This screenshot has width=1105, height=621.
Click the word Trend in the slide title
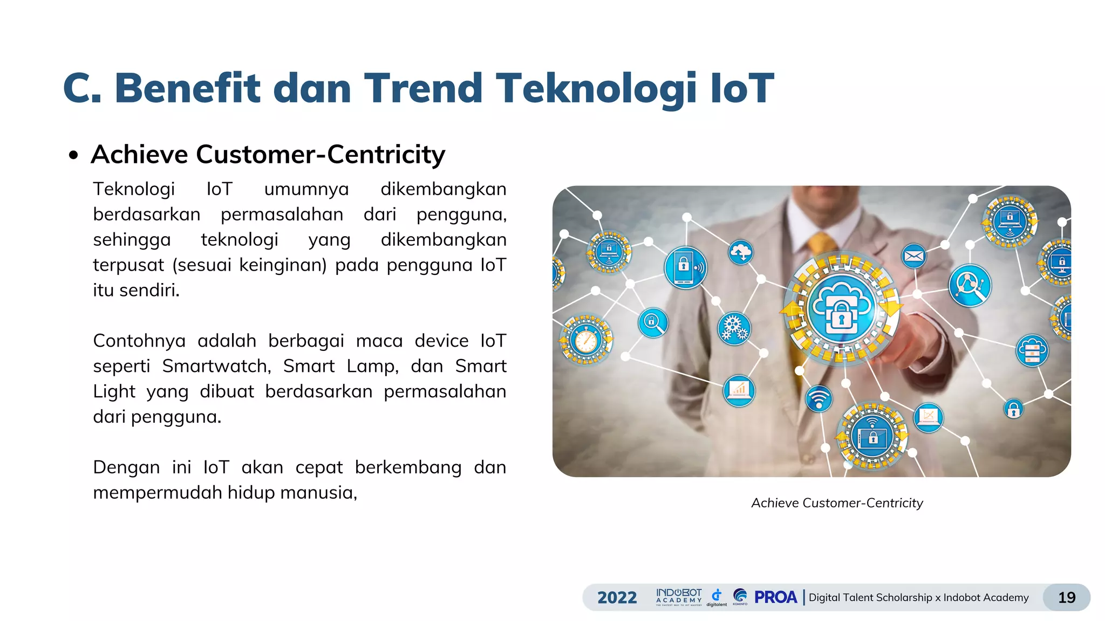(423, 88)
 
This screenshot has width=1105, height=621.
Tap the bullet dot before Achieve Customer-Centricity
(73, 156)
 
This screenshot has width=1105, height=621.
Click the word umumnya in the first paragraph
(306, 190)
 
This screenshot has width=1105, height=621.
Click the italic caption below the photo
(837, 503)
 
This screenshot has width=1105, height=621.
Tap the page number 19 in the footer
(1067, 597)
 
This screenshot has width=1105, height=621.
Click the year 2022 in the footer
(617, 597)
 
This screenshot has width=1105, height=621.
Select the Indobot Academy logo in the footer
(679, 597)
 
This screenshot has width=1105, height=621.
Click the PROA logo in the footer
(775, 597)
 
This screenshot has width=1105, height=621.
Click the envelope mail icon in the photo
(913, 257)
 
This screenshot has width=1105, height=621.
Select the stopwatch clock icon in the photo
(586, 340)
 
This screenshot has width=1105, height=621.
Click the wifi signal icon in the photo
(818, 399)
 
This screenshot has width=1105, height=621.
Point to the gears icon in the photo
(734, 328)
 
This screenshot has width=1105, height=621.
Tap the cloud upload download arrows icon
(741, 252)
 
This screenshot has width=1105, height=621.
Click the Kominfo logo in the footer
(740, 597)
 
